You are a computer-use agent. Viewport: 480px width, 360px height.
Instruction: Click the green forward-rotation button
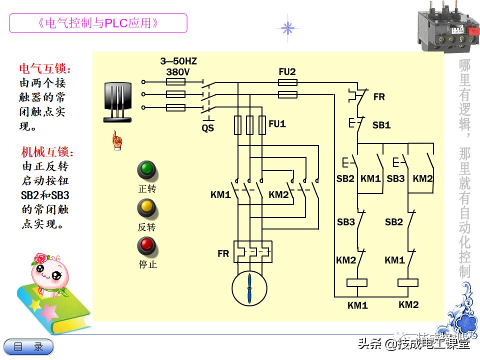point(146,170)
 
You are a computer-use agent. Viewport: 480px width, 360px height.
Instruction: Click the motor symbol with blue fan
point(249,288)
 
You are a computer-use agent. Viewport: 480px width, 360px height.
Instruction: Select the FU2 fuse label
point(287,72)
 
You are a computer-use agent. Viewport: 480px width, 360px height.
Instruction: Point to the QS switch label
point(207,128)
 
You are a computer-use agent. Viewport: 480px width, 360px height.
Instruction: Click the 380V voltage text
point(178,71)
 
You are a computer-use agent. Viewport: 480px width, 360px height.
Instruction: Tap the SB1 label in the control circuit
point(381,125)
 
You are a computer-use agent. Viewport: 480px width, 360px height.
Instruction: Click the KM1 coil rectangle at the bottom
point(357,283)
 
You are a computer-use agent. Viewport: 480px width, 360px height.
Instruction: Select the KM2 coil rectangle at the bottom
point(407,283)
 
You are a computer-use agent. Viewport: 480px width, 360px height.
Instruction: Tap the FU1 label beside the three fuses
point(277,123)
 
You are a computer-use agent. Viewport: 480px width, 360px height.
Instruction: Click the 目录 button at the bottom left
point(28,346)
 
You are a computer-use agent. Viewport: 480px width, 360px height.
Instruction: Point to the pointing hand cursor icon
point(116,140)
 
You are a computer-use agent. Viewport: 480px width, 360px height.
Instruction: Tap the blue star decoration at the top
point(287,28)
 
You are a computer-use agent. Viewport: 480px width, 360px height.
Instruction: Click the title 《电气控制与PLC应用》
point(98,23)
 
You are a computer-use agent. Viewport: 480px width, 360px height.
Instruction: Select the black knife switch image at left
point(117,102)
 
